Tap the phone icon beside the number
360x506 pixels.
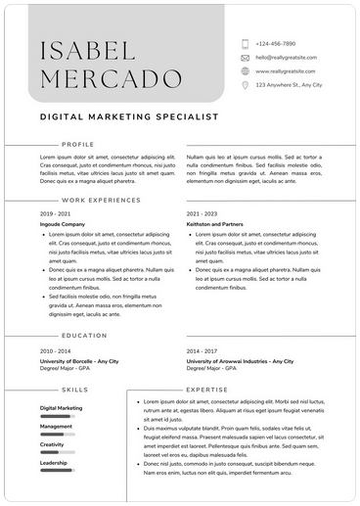[x=245, y=44]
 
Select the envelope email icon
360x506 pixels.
[x=245, y=58]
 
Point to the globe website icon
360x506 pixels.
[x=245, y=71]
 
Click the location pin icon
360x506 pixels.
[x=245, y=85]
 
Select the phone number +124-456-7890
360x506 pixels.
[x=276, y=44]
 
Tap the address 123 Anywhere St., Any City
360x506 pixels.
[x=290, y=85]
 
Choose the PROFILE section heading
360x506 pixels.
[x=77, y=144]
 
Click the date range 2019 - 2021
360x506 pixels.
[x=55, y=213]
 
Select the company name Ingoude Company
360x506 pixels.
[x=63, y=224]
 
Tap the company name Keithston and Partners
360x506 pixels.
[x=215, y=224]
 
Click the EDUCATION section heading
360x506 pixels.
[x=84, y=336]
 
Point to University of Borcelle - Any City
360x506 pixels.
[x=79, y=361]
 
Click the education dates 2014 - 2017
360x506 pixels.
[x=202, y=350]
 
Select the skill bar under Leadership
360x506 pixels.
[x=58, y=472]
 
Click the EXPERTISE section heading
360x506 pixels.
[x=206, y=390]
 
